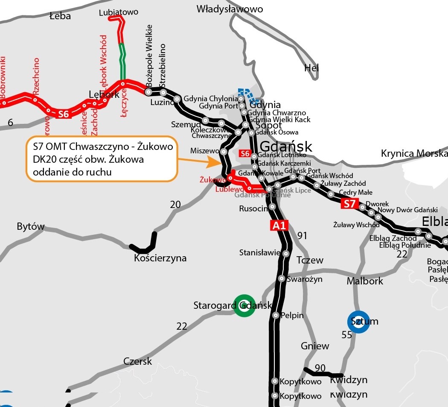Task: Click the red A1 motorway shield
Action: click(x=279, y=225)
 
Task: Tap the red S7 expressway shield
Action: click(x=349, y=204)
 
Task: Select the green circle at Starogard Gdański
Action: click(x=244, y=306)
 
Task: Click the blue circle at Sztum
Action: click(x=358, y=321)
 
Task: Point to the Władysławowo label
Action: click(x=230, y=9)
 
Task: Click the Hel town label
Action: click(x=311, y=67)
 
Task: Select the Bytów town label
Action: click(x=31, y=226)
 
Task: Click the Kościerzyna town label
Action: click(x=160, y=258)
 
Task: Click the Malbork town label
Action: click(x=365, y=281)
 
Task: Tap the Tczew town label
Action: click(x=310, y=260)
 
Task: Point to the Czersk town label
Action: click(x=137, y=361)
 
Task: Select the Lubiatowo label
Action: click(x=118, y=12)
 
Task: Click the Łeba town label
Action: click(x=60, y=16)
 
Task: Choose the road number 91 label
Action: click(x=302, y=235)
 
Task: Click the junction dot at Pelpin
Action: click(x=276, y=315)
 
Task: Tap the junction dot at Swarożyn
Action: click(x=282, y=278)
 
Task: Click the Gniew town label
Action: click(x=315, y=346)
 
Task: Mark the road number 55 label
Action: click(x=347, y=335)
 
